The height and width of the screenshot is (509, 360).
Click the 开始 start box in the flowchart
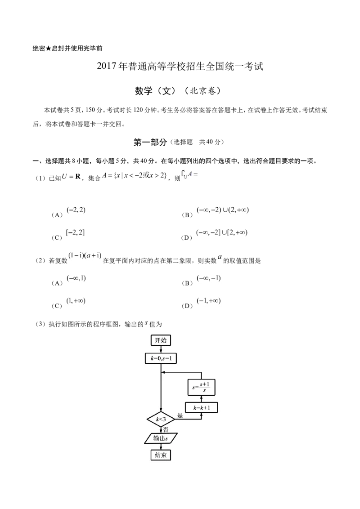click(161, 340)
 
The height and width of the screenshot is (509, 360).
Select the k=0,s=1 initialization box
click(161, 359)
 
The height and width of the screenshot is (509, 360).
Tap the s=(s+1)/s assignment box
click(202, 387)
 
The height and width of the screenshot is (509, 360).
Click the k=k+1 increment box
click(202, 407)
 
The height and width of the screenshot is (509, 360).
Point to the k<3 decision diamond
click(161, 419)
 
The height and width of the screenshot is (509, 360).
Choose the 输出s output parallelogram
click(161, 438)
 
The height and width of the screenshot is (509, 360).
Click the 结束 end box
click(161, 455)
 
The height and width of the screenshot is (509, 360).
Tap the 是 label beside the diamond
click(180, 415)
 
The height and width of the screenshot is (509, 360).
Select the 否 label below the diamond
click(166, 430)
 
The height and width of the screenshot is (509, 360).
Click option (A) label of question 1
click(57, 215)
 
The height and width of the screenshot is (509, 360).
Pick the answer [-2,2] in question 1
click(76, 232)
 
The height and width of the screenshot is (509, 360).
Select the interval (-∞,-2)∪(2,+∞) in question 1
click(223, 210)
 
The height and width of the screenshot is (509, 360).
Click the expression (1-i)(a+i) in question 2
click(85, 255)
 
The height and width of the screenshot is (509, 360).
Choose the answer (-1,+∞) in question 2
click(209, 301)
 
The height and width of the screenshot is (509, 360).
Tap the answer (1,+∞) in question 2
click(76, 301)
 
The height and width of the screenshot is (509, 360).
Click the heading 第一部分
click(150, 142)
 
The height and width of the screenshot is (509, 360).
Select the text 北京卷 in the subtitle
click(202, 91)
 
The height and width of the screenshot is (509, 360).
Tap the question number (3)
click(41, 324)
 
